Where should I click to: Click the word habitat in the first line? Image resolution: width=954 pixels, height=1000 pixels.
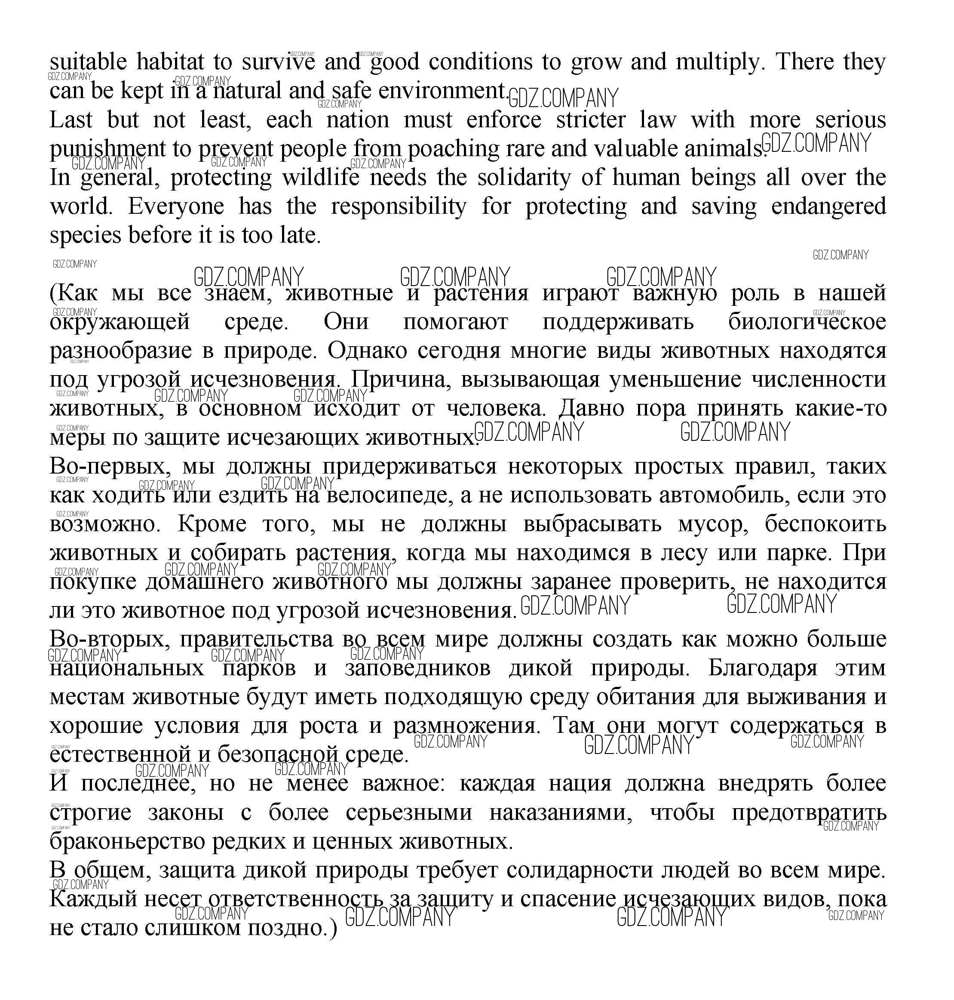pos(170,62)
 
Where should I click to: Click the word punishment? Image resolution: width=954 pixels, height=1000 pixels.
pos(107,149)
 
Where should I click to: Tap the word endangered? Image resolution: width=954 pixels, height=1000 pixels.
pos(828,206)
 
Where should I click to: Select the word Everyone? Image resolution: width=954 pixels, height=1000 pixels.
pos(175,206)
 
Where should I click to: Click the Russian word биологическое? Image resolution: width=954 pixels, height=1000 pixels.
pos(807,322)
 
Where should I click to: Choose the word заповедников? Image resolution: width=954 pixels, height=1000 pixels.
pos(417,668)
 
